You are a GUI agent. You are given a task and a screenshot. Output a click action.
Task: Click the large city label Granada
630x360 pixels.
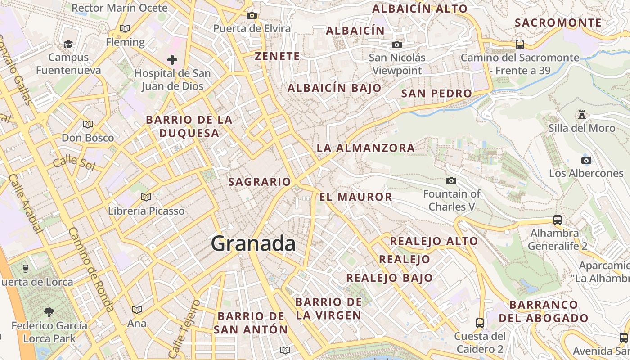click(x=253, y=244)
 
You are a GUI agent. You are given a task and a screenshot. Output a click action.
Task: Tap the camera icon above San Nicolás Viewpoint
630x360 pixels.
click(x=396, y=45)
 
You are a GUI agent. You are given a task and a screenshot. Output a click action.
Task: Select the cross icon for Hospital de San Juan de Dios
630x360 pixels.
click(x=172, y=59)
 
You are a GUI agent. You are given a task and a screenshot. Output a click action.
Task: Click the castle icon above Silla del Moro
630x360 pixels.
click(x=582, y=115)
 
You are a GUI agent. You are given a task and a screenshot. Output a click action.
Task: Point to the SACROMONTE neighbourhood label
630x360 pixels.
click(x=558, y=22)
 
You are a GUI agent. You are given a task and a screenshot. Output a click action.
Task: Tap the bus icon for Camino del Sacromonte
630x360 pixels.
click(x=520, y=44)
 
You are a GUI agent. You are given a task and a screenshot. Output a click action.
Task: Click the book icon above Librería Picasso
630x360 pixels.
click(x=146, y=197)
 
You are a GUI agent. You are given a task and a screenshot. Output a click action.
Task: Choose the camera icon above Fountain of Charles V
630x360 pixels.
click(x=451, y=181)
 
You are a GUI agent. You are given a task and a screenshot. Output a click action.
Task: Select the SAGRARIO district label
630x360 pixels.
click(x=260, y=182)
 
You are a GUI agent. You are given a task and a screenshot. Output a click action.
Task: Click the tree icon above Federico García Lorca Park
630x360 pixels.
click(x=49, y=311)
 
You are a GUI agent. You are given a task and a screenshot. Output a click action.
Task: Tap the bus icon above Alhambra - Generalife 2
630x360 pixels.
click(x=557, y=220)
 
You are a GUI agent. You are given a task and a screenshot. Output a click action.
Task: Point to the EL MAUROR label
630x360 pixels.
click(x=355, y=197)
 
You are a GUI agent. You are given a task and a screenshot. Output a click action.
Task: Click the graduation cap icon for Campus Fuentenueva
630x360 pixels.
click(x=68, y=44)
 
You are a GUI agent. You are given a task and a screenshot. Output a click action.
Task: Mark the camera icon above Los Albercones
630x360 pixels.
click(x=586, y=161)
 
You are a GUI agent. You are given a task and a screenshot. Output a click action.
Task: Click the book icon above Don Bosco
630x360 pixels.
click(x=88, y=124)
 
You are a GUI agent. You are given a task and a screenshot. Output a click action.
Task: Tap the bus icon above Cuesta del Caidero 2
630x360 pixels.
click(x=480, y=323)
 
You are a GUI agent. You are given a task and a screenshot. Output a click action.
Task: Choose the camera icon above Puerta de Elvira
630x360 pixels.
click(x=252, y=16)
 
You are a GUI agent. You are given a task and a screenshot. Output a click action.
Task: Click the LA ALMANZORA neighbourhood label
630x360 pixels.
click(x=365, y=148)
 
